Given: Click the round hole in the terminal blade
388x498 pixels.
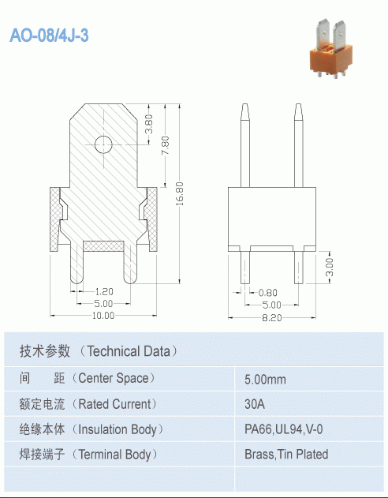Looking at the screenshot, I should pos(103,144).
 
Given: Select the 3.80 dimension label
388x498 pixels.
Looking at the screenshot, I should pos(150,124).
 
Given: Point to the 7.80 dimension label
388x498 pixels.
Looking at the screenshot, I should pos(165,145).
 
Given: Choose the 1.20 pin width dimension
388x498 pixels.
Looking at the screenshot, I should pos(104,291).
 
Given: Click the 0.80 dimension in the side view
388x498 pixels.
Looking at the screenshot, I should pos(268,293).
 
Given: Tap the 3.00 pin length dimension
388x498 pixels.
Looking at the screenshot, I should pos(330,268).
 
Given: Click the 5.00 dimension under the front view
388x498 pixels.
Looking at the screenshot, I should pos(103,304).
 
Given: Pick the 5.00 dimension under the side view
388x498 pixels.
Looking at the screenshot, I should pos(271,305).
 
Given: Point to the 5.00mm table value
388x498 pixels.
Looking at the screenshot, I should pos(265,379).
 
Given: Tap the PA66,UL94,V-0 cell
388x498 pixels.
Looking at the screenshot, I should pos(283,429).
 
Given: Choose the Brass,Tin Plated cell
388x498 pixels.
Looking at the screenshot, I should pos(286,455).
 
